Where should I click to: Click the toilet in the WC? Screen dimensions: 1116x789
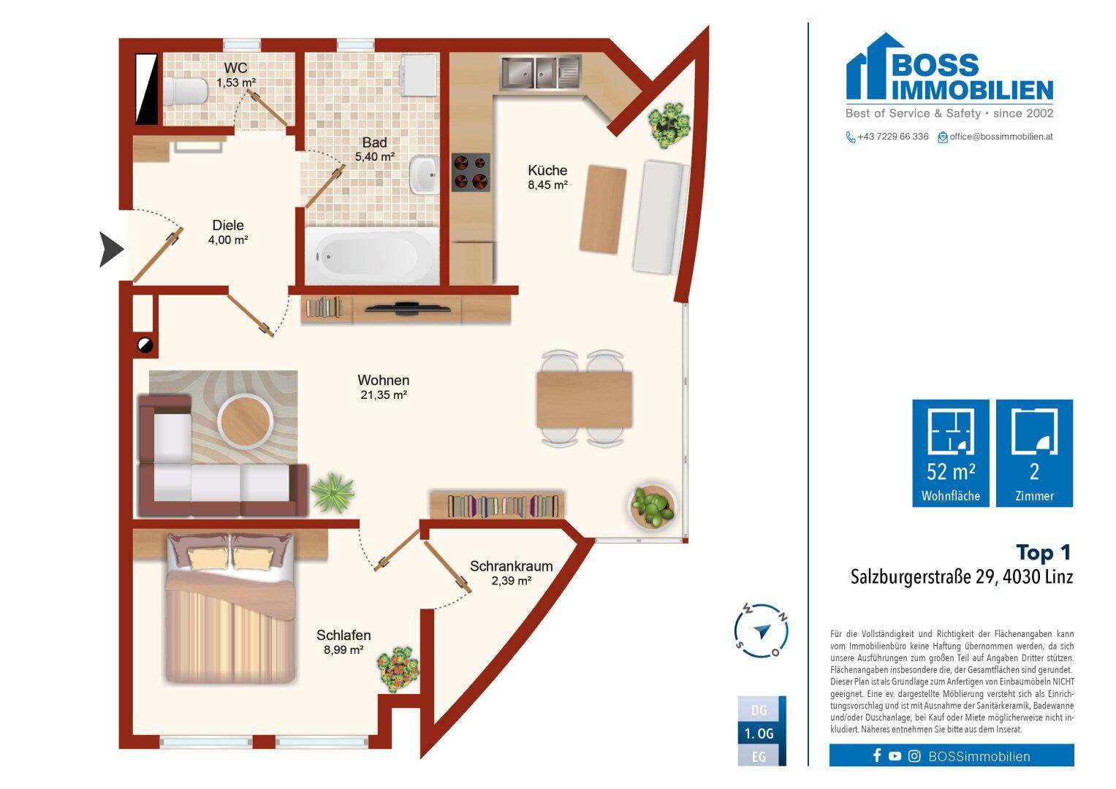point(185,91)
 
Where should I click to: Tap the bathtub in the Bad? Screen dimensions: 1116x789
point(371,256)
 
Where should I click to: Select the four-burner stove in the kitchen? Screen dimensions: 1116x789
point(471,172)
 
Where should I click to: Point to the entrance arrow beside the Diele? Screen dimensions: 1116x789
point(111,249)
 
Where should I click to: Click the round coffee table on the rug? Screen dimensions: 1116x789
point(245,422)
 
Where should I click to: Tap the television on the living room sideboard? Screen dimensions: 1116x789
point(407,308)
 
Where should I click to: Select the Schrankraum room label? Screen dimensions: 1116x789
point(511,566)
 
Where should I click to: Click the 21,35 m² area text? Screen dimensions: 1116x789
point(384,395)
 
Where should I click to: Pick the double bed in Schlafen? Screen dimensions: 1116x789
point(230,608)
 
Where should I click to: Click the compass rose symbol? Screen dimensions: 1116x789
point(762,630)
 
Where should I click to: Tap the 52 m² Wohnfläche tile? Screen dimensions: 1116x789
point(951,453)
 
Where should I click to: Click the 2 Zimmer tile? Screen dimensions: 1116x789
point(1034,453)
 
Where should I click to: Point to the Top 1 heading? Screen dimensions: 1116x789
point(1043,552)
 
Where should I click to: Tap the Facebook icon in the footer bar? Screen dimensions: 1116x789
point(877,755)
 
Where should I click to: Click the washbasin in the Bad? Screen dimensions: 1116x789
point(424,175)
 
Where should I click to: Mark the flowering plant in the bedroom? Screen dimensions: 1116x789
point(398,669)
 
